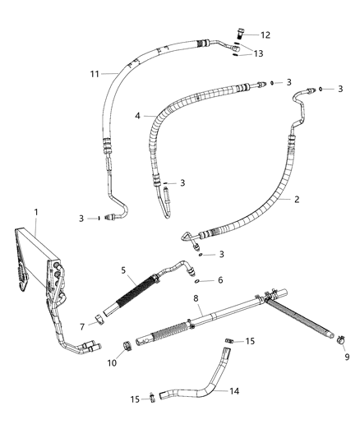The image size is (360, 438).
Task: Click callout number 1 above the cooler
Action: pos(35,212)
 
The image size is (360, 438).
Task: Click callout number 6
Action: pos(219,279)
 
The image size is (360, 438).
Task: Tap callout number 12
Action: pos(265,35)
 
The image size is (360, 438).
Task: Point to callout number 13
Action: pos(259,53)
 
